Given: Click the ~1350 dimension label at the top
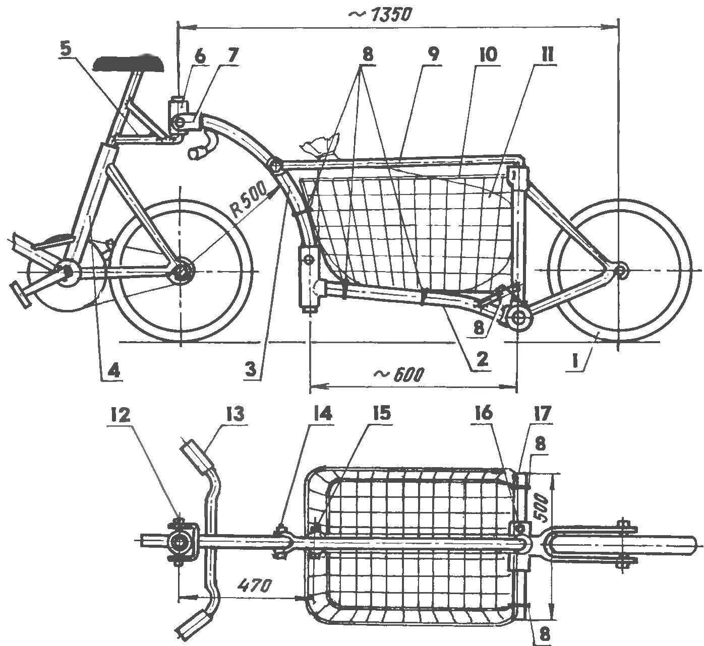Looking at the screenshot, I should pyautogui.click(x=379, y=15).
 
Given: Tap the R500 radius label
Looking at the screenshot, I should pyautogui.click(x=252, y=201).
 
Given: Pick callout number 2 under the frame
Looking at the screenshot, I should pyautogui.click(x=482, y=359).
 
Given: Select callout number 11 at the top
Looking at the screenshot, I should pyautogui.click(x=547, y=54).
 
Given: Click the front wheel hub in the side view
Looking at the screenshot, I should pyautogui.click(x=621, y=270).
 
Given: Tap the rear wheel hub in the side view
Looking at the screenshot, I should pyautogui.click(x=180, y=271).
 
